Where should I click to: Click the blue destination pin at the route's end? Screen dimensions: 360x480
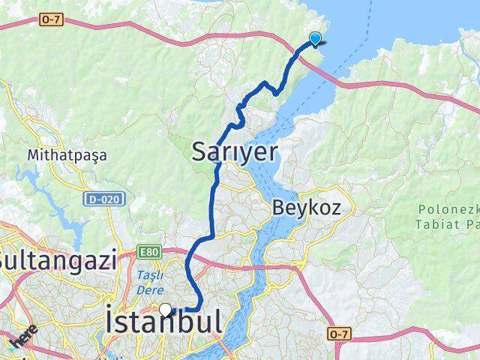coord(316,39)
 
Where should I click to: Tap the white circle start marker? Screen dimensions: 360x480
coord(165,308)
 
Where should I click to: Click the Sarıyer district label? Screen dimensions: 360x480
coord(235,151)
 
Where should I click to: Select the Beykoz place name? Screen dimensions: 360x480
coord(307,207)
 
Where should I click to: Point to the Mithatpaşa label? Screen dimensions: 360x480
coord(67,155)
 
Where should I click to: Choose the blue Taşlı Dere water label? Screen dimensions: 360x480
coord(150,280)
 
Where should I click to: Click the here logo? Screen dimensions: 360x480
coord(22,340)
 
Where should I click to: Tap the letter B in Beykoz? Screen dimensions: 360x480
coord(280,207)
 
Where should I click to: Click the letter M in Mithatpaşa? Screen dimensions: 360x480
coord(33,155)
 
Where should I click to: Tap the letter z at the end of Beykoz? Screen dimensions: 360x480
coord(335,208)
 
